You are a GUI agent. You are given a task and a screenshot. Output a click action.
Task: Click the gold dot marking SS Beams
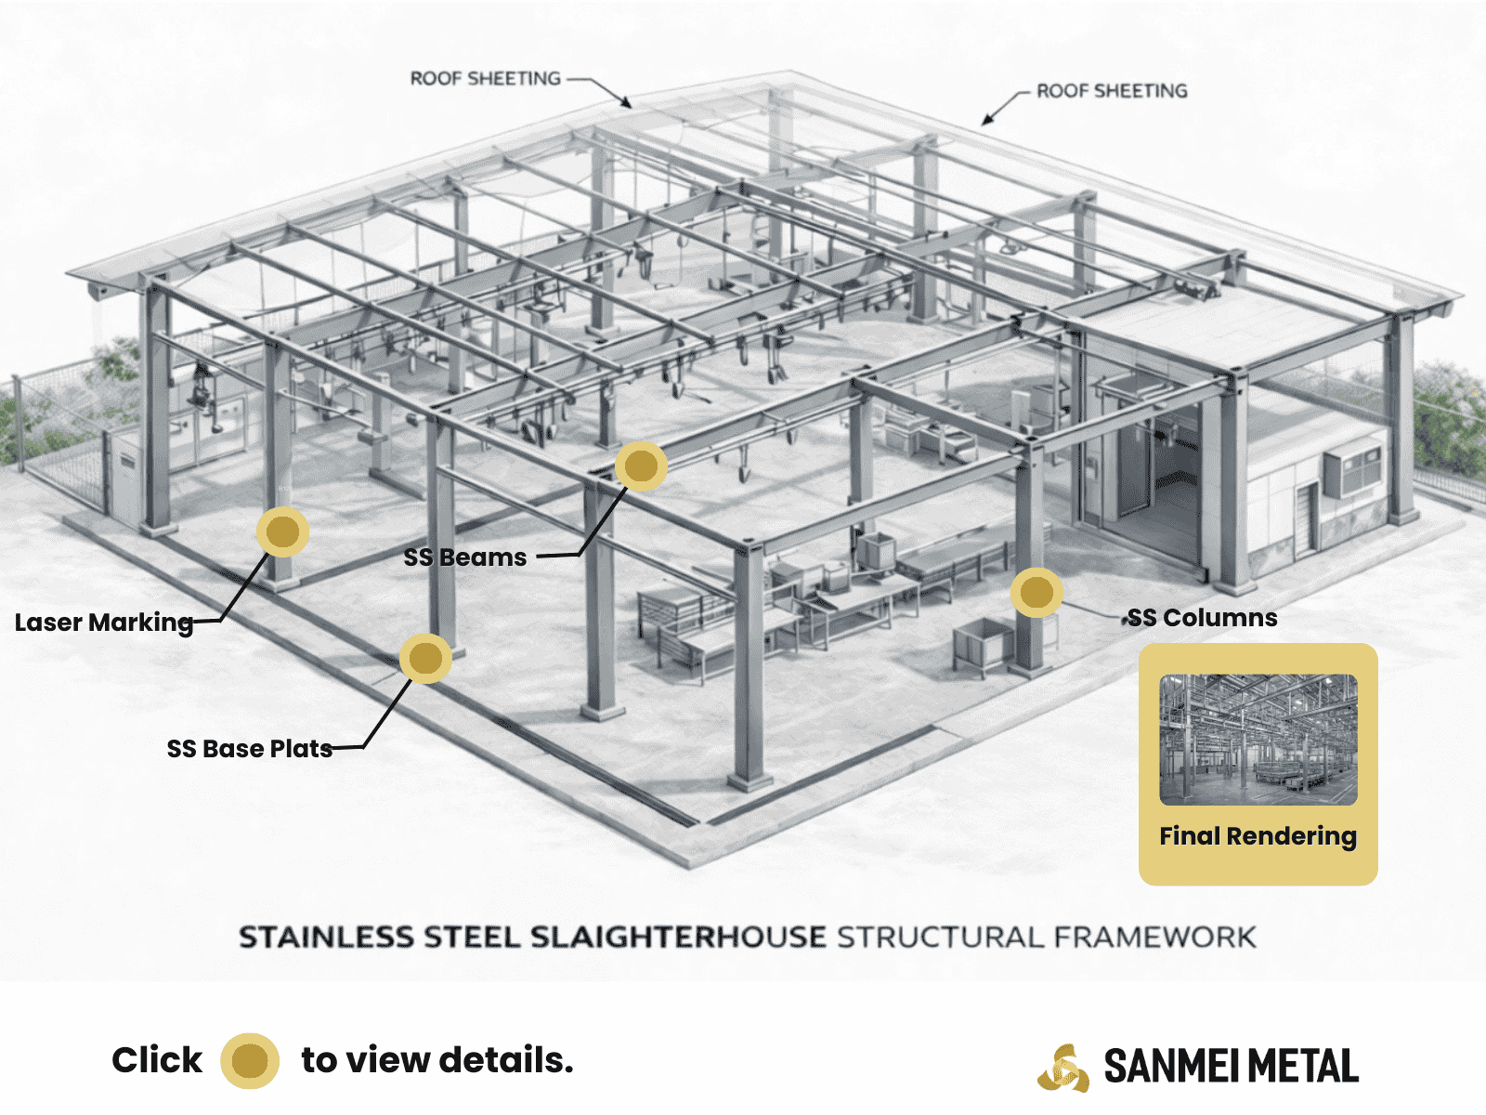click(x=641, y=466)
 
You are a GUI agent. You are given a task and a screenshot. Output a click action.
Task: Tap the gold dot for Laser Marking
click(x=282, y=531)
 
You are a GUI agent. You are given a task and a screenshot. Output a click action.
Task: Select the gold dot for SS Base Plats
click(x=425, y=658)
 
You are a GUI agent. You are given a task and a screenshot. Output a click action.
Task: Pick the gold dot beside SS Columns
click(x=1036, y=592)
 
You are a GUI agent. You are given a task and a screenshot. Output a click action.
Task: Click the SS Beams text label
click(x=465, y=557)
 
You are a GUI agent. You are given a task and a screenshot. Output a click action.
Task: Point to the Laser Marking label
click(x=104, y=623)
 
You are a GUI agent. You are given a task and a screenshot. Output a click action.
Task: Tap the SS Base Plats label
click(x=250, y=749)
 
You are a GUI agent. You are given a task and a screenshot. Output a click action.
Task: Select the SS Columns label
click(x=1203, y=618)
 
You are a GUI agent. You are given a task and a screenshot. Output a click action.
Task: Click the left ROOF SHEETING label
click(x=486, y=79)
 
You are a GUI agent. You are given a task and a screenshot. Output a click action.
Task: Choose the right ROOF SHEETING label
click(x=1112, y=91)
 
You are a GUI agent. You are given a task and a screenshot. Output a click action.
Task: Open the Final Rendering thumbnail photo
click(x=1258, y=740)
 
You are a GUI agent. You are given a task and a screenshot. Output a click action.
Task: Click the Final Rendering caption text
click(x=1258, y=836)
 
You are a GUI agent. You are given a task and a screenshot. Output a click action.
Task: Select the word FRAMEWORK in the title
click(x=1155, y=938)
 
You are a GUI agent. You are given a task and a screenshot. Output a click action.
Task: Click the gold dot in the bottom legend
click(x=250, y=1060)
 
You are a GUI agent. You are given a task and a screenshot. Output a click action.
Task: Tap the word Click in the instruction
click(x=157, y=1060)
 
